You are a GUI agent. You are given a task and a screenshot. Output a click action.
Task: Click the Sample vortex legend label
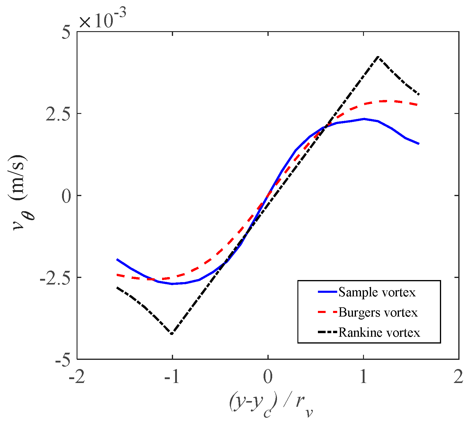(377, 293)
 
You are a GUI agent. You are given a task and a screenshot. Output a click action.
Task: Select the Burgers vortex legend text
(378, 312)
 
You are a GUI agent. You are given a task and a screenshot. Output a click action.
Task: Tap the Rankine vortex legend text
(379, 333)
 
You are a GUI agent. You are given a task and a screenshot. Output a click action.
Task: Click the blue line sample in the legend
(327, 292)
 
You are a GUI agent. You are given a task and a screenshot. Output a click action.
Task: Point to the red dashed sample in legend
(327, 312)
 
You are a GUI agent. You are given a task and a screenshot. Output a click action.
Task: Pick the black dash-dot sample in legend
(327, 332)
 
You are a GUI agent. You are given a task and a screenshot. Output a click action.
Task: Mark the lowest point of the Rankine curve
(172, 334)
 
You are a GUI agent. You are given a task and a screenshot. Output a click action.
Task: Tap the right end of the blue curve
(419, 144)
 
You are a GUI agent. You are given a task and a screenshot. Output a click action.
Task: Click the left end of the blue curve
(117, 259)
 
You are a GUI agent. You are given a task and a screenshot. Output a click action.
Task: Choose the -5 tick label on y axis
(63, 360)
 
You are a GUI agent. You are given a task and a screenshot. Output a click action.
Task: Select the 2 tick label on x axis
(458, 377)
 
